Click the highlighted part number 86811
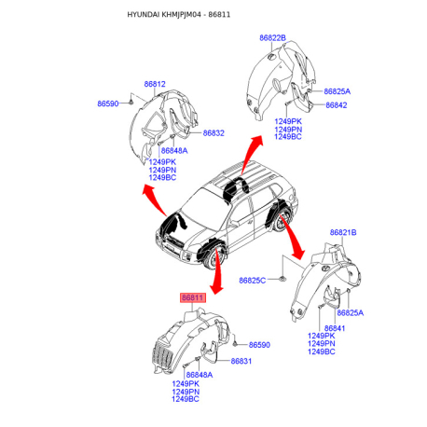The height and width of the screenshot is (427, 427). [193, 297]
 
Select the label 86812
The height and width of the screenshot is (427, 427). [155, 84]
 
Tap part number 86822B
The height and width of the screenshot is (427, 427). [272, 38]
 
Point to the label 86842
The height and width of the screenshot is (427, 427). [337, 105]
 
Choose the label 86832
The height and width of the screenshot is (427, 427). [213, 133]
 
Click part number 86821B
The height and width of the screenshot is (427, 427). [343, 232]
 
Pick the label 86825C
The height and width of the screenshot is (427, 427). [253, 281]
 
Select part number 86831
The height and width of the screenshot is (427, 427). [241, 361]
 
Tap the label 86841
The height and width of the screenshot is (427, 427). [335, 328]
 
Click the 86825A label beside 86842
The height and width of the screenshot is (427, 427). [337, 91]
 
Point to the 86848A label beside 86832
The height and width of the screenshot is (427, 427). [174, 151]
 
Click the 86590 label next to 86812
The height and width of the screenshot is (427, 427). [108, 103]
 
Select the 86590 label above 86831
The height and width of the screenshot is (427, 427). [259, 345]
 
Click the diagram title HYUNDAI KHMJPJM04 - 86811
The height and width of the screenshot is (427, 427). [179, 15]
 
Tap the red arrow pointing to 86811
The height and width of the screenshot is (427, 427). [217, 270]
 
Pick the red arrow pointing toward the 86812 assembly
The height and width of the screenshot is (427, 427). [155, 199]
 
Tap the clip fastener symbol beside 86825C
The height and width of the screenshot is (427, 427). [282, 279]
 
